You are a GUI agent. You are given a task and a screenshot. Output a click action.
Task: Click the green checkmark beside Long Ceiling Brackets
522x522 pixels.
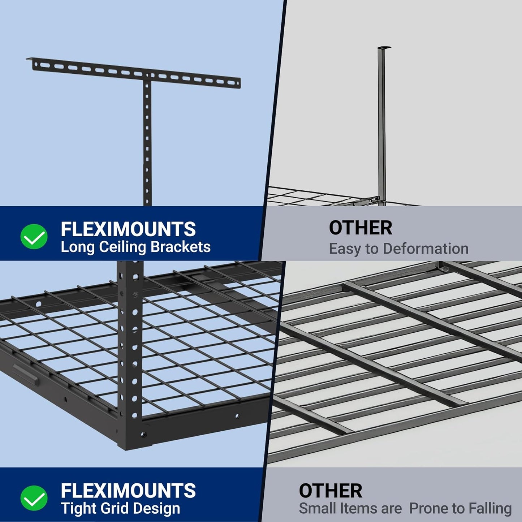click(x=34, y=237)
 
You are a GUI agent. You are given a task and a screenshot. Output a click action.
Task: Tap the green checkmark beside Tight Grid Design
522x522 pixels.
click(x=34, y=498)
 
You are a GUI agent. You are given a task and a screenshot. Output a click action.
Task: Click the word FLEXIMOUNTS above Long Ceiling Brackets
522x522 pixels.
click(x=128, y=229)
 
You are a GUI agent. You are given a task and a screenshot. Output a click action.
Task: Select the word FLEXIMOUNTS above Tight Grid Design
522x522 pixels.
click(x=128, y=491)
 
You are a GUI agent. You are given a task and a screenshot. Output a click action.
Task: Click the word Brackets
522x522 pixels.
click(x=180, y=247)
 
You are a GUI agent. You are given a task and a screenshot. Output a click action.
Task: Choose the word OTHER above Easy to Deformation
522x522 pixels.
click(x=360, y=228)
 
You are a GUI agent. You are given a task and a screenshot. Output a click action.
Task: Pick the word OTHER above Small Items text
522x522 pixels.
click(x=330, y=491)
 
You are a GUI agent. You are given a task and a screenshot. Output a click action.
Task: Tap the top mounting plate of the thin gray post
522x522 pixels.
click(x=384, y=48)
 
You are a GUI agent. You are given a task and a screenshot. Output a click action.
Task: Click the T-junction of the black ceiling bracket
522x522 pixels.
click(x=147, y=77)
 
